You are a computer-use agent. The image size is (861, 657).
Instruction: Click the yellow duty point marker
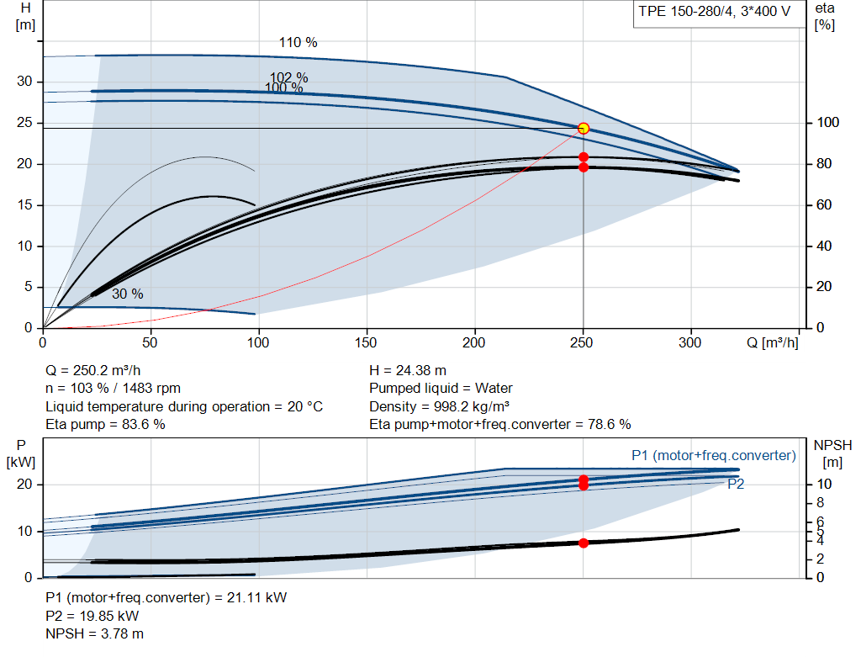pyautogui.click(x=584, y=129)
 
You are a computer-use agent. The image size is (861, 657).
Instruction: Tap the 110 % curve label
pyautogui.click(x=298, y=42)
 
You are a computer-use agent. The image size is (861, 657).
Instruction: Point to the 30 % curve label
pyautogui.click(x=128, y=294)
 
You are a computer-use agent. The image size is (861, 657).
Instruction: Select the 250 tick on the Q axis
pyautogui.click(x=582, y=342)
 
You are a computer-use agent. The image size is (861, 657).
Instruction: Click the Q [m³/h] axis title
pyautogui.click(x=772, y=342)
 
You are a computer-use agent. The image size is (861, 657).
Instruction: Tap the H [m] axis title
pyautogui.click(x=25, y=17)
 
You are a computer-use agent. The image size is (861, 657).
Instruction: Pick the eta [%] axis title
pyautogui.click(x=824, y=17)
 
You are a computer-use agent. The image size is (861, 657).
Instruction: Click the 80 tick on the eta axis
pyautogui.click(x=824, y=164)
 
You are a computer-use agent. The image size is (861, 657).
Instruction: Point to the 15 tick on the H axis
pyautogui.click(x=24, y=205)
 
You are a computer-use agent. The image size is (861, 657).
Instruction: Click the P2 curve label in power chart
pyautogui.click(x=736, y=484)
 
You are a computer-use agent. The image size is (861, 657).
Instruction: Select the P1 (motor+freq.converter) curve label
pyautogui.click(x=713, y=455)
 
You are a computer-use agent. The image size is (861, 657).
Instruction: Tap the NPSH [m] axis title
pyautogui.click(x=832, y=453)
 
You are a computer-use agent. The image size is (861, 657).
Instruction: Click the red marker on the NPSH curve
pyautogui.click(x=584, y=543)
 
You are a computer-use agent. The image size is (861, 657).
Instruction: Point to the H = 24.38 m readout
pyautogui.click(x=408, y=371)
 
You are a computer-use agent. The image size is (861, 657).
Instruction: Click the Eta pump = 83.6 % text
pyautogui.click(x=105, y=425)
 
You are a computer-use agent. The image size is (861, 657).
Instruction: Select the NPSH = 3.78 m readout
pyautogui.click(x=94, y=634)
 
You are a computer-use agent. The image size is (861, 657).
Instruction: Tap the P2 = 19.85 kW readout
pyautogui.click(x=92, y=616)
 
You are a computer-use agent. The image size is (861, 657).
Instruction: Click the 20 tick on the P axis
pyautogui.click(x=24, y=484)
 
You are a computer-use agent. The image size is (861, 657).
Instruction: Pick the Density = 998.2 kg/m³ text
pyautogui.click(x=439, y=406)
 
